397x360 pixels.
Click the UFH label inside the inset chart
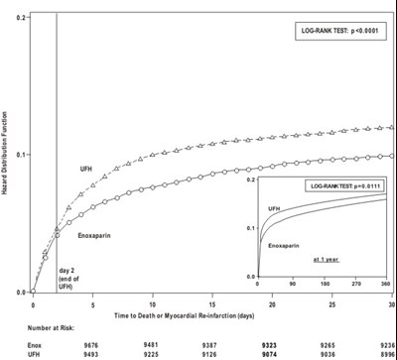click(271, 208)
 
